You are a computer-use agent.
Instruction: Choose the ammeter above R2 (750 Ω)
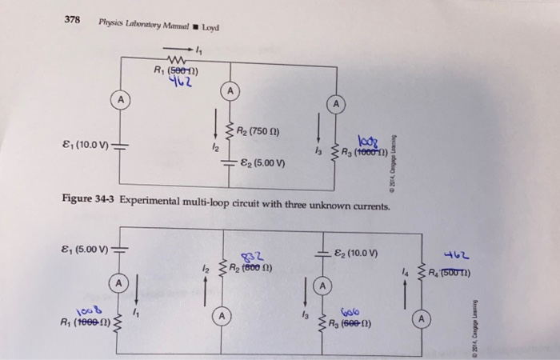coord(229,93)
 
